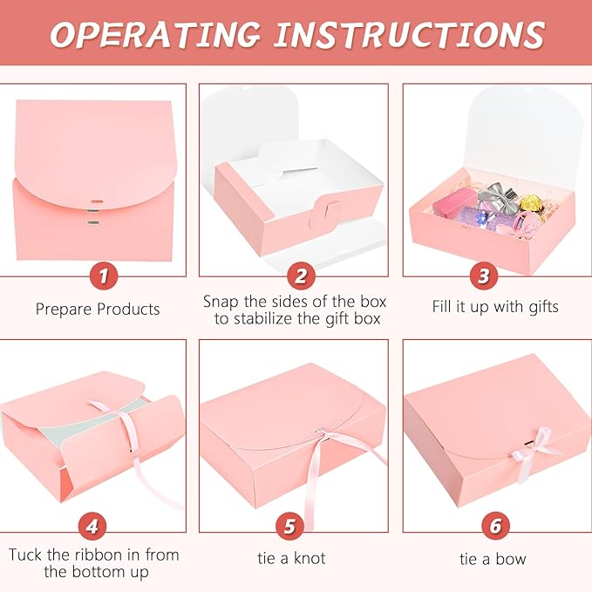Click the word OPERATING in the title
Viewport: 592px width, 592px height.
coord(155,34)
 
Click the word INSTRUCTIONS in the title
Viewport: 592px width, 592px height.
coord(410,34)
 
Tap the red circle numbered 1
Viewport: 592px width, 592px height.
coord(104,276)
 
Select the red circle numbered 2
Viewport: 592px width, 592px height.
coord(301,276)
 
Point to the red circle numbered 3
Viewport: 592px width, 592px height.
coord(484,276)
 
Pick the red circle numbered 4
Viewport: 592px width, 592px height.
coord(92,526)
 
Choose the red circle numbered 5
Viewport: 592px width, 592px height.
coord(289,526)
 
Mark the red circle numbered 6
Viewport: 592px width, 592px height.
coord(495,526)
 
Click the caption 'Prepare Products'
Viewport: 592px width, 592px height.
coord(98,309)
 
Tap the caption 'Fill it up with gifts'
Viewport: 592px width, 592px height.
coord(495,307)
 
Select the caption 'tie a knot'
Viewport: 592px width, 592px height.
coord(291,558)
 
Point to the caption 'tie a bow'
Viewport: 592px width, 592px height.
coord(493,559)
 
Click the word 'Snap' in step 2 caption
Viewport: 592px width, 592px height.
coord(221,302)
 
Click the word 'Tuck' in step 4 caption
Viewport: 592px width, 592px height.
coord(25,555)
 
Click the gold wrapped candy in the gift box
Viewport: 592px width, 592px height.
coord(531,203)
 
